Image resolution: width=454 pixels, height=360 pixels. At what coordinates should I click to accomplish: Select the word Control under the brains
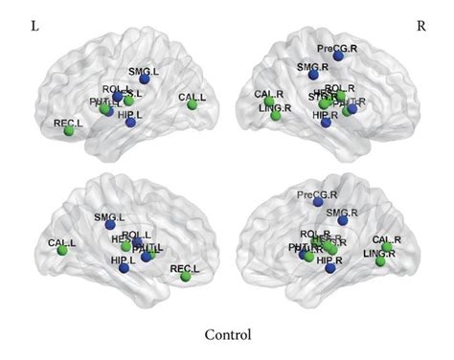click(x=228, y=335)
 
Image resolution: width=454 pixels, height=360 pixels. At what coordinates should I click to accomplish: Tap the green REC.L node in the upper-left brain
click(x=69, y=130)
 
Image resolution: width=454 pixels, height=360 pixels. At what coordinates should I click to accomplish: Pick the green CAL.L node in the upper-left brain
click(x=192, y=104)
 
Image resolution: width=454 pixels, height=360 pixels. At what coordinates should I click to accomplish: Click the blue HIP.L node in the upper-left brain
click(x=131, y=122)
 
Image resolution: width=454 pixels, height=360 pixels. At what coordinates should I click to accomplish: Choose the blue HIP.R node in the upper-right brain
click(x=326, y=123)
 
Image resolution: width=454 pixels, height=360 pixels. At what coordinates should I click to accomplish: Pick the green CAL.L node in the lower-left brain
click(x=62, y=251)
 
